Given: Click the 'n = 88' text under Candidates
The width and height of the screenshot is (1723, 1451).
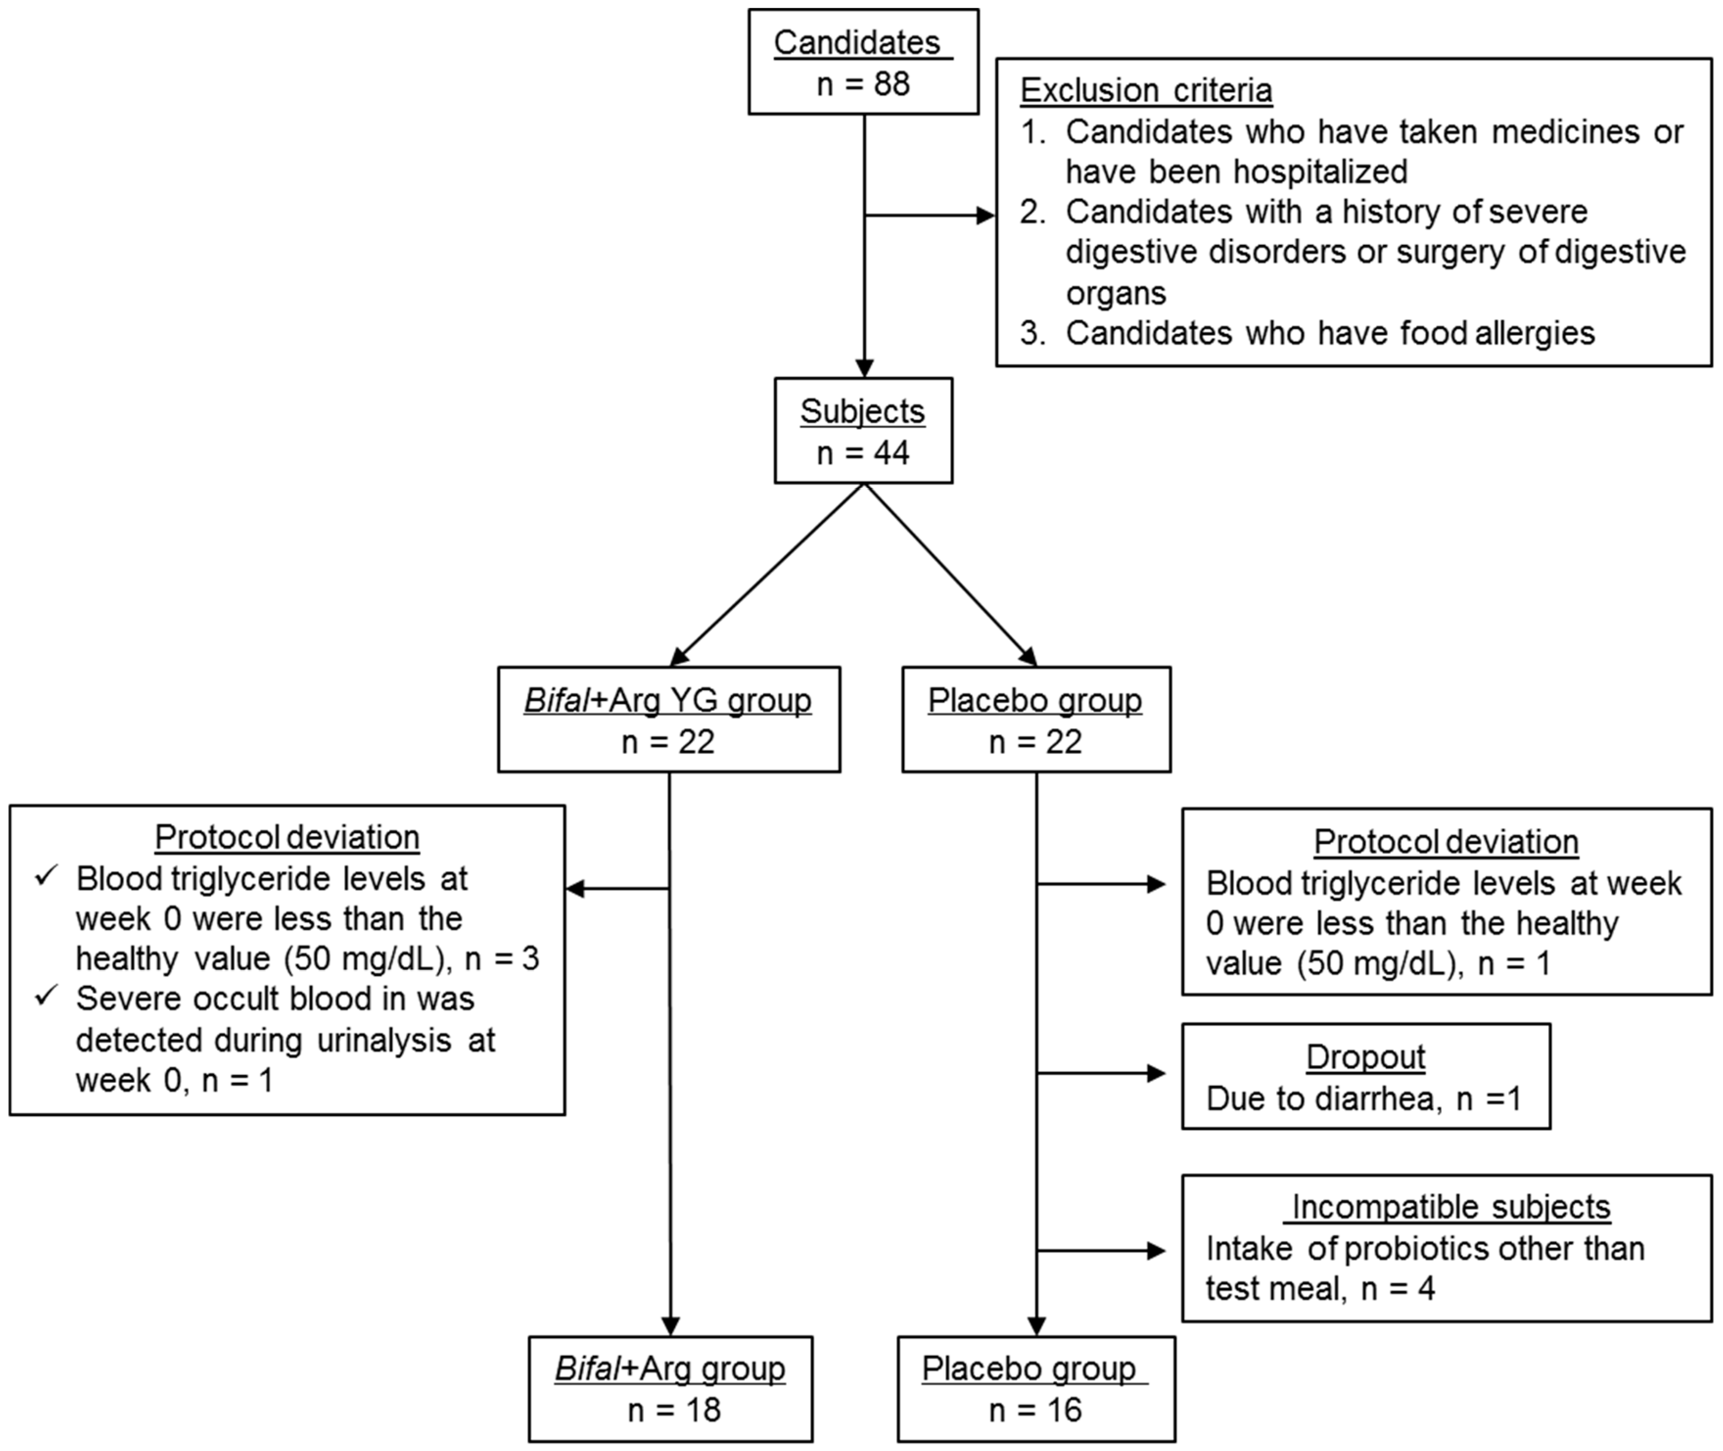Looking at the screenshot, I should (863, 84).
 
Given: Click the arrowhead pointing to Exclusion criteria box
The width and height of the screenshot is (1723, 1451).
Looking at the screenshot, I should (985, 215).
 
